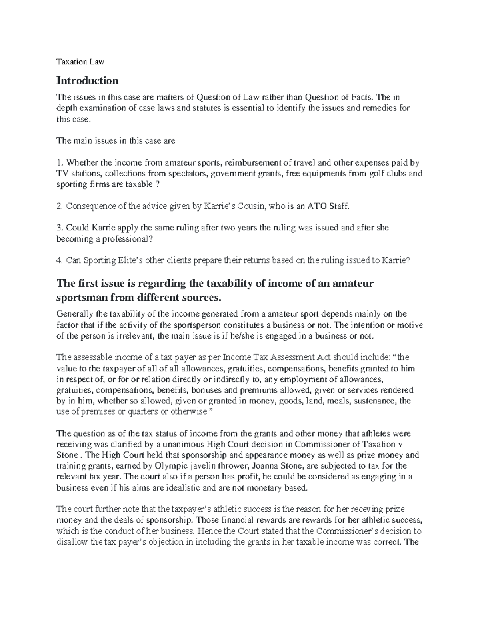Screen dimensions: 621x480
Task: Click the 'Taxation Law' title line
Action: tap(80, 62)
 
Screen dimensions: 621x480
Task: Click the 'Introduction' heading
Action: tap(88, 81)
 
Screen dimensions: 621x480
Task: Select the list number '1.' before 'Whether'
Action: tap(60, 163)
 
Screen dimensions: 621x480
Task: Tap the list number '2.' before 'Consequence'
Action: tap(60, 206)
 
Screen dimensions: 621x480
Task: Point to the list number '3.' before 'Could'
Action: tap(60, 228)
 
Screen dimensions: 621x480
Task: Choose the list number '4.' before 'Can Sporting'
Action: tap(60, 260)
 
